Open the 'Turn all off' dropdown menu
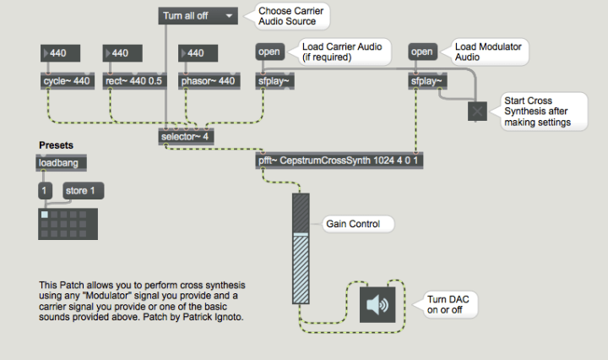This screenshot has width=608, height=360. click(198, 15)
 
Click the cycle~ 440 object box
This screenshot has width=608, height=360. click(65, 81)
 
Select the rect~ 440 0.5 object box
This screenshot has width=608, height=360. click(134, 81)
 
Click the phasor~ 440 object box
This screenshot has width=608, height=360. click(208, 81)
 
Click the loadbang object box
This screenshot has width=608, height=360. click(62, 163)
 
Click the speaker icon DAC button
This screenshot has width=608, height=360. click(378, 303)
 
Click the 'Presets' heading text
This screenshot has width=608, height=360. click(56, 145)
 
